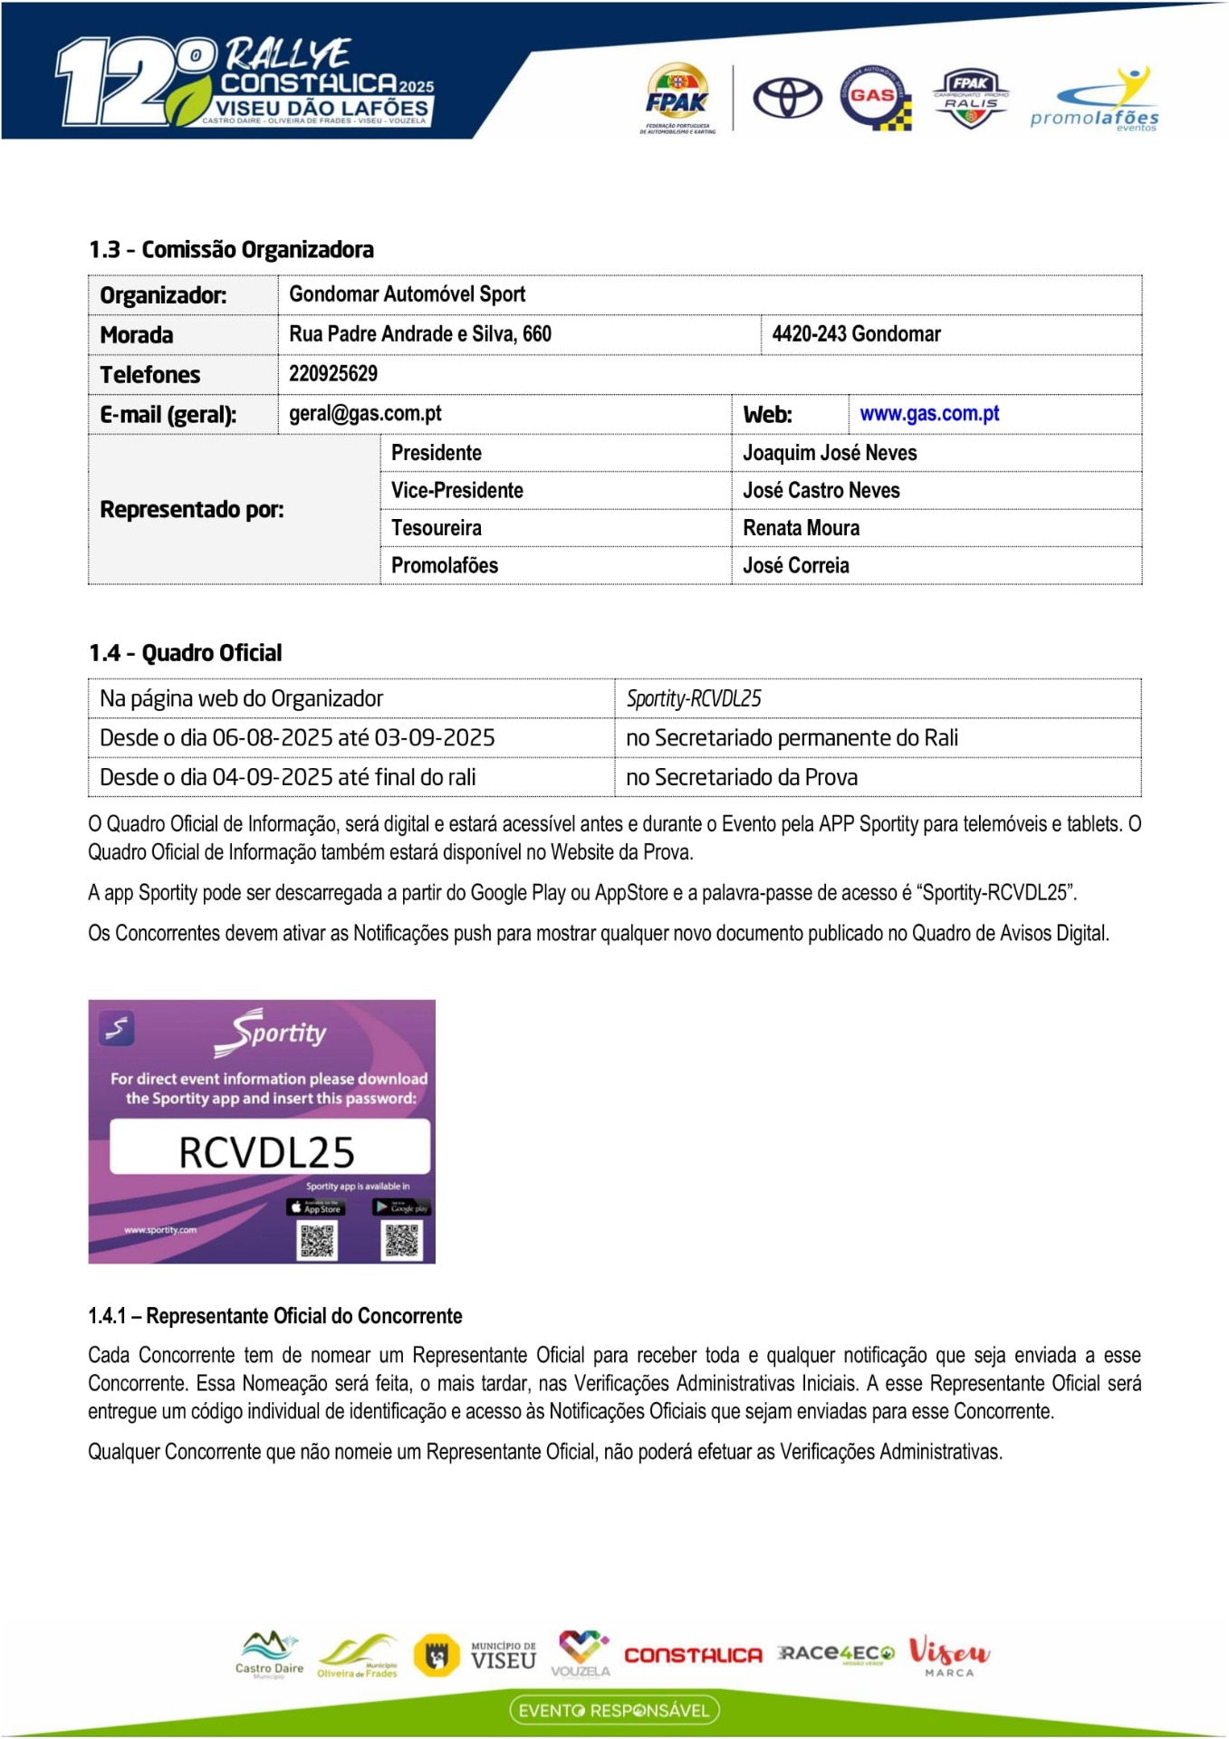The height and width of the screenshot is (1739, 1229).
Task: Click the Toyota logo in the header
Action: (x=787, y=98)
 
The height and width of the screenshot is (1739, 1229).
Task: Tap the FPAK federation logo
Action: (x=677, y=98)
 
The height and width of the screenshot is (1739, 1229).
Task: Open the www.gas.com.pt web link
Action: (x=929, y=414)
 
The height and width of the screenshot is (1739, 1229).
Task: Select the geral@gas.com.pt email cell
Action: (x=365, y=414)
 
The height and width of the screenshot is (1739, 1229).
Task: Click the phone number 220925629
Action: (x=333, y=374)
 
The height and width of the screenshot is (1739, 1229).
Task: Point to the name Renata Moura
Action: (x=801, y=528)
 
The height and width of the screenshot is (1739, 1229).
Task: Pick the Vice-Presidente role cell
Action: (x=457, y=491)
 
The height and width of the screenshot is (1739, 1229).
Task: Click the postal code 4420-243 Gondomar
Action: (x=856, y=334)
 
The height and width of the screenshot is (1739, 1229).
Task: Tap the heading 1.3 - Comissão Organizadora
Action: (x=231, y=250)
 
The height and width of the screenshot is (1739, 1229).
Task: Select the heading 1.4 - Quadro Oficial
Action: (x=185, y=653)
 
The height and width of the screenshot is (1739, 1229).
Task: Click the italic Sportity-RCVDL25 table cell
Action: (x=694, y=698)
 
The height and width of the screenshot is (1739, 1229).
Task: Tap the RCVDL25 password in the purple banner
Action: (x=267, y=1152)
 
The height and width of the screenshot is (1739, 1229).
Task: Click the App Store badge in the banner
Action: (x=315, y=1207)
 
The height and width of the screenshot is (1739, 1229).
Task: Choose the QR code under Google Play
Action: (x=402, y=1240)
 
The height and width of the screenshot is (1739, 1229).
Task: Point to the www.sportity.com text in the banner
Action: (x=160, y=1230)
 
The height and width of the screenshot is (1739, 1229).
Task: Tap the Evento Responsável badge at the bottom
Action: (x=614, y=1710)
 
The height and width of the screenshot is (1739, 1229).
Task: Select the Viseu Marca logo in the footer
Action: (x=948, y=1656)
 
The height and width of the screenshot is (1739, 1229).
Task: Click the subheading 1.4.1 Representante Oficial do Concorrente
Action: (x=275, y=1316)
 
